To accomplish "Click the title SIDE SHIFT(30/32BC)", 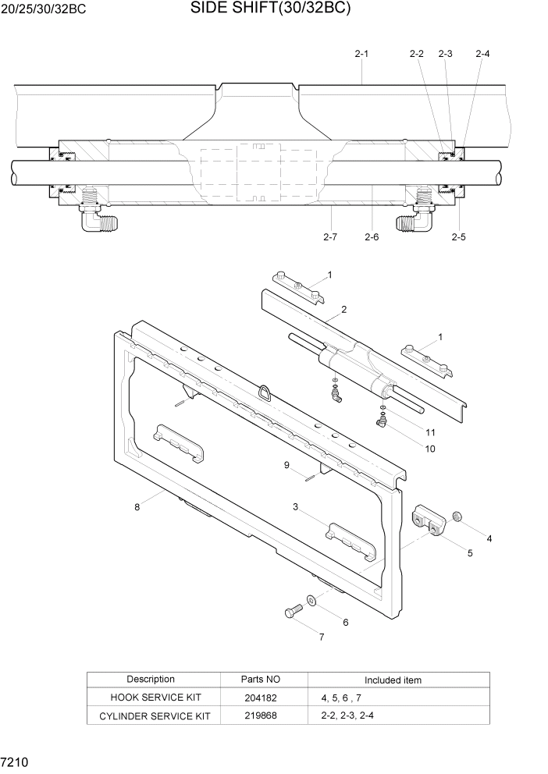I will pos(270,9).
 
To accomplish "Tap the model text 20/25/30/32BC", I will pos(44,10).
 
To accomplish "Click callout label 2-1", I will pos(361,54).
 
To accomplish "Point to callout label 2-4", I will pos(482,54).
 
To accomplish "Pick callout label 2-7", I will pos(329,236).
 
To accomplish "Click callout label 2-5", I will pos(458,236).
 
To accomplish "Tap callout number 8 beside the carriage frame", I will pos(137,507).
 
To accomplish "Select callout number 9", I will pos(286,465).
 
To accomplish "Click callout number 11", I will pos(429,432).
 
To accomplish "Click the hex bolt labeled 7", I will pos(294,611).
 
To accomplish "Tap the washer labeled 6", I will pos(311,600).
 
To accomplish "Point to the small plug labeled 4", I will pos(459,517).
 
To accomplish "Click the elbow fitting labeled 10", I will pos(382,422).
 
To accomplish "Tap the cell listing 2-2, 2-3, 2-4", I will pos(347,715).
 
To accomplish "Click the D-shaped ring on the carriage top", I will pos(267,392).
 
